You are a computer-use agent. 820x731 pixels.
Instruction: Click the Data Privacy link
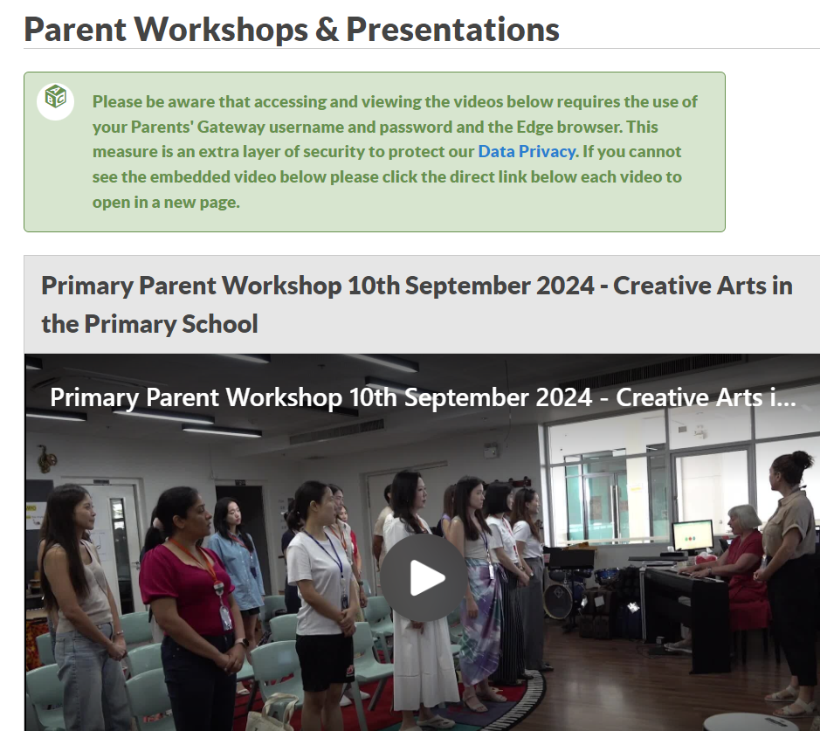coord(527,152)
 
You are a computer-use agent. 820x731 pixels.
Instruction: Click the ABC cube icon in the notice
coord(55,96)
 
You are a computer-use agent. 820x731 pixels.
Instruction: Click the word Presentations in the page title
coord(453,30)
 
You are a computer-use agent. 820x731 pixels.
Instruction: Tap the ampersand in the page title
coord(327,30)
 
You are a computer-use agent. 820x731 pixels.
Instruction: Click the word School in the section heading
coord(220,324)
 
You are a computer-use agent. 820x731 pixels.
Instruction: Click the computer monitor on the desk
coord(692,536)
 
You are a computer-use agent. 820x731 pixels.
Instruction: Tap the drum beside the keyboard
coord(558,600)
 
